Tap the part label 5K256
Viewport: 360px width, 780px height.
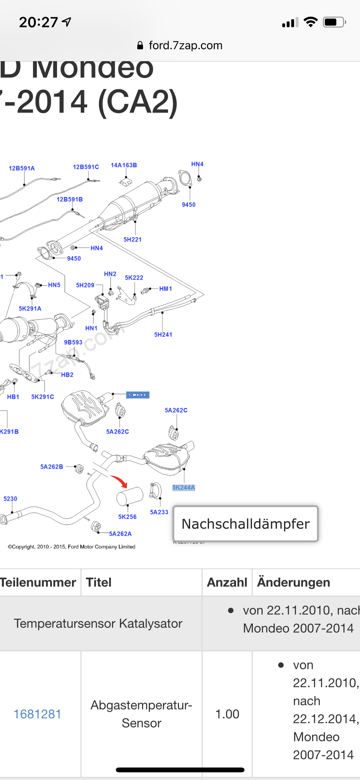click(127, 516)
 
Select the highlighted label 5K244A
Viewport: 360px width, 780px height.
click(183, 487)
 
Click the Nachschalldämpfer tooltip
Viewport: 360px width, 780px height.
click(245, 524)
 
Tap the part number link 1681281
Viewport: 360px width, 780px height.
click(37, 714)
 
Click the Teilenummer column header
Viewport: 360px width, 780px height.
click(38, 582)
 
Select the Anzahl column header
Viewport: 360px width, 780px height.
click(227, 582)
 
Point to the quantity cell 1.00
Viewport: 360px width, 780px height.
click(227, 714)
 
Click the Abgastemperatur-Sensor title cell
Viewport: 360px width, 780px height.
click(141, 714)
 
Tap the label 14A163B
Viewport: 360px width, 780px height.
click(124, 165)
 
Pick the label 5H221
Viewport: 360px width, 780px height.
click(132, 240)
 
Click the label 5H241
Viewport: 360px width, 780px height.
click(163, 335)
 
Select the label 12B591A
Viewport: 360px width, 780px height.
click(22, 168)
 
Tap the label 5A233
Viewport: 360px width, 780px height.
click(159, 512)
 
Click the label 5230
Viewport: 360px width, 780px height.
click(10, 499)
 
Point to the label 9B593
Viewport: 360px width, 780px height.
click(73, 342)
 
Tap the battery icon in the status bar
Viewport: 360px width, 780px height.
click(334, 22)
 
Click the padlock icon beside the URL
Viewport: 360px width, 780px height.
click(140, 45)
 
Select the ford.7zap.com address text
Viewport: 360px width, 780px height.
click(186, 45)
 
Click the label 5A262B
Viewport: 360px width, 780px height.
click(52, 467)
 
